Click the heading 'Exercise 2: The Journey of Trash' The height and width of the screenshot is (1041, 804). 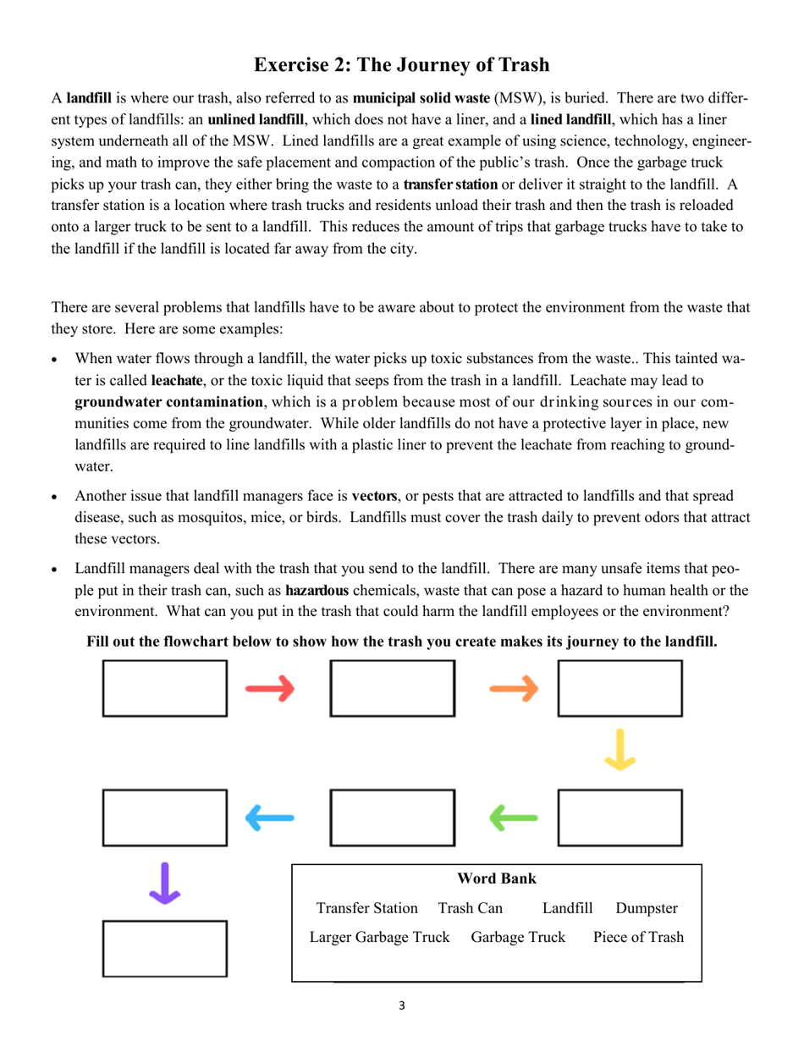click(401, 65)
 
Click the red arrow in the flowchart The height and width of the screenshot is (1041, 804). click(270, 689)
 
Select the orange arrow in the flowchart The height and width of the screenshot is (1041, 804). click(514, 689)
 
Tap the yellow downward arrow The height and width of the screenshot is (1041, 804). click(620, 750)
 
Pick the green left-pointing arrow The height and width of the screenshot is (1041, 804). click(514, 818)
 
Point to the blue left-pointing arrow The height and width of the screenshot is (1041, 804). click(270, 818)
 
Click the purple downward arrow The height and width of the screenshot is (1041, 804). click(164, 884)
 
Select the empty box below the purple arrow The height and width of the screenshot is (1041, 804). click(165, 949)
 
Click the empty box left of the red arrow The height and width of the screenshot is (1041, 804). click(165, 689)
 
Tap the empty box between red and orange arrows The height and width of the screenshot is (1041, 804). click(392, 689)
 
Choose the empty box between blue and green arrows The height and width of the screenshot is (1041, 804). click(392, 818)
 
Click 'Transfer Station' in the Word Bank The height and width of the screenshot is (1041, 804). click(366, 908)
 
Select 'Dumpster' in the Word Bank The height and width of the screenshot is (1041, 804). click(647, 908)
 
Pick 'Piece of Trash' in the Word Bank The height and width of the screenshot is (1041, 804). click(638, 937)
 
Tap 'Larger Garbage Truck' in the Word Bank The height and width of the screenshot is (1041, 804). click(379, 937)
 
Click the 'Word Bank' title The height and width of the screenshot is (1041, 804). click(496, 879)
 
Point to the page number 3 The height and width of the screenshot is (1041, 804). click(401, 1005)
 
